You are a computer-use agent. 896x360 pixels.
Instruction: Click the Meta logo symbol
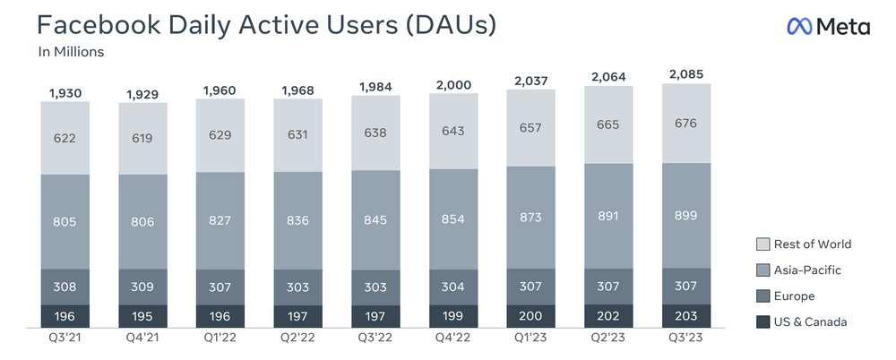tap(799, 27)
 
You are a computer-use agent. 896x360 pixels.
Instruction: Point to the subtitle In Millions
tap(71, 52)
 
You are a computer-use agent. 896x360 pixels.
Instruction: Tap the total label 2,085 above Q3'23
tap(686, 73)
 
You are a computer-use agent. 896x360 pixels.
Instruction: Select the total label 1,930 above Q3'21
tap(65, 92)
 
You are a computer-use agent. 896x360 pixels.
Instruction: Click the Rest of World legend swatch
tap(763, 244)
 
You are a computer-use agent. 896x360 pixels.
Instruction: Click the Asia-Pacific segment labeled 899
tap(686, 216)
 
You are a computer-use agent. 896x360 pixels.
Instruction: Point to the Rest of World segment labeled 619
tap(142, 138)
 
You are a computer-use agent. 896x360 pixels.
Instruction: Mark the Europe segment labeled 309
tap(142, 287)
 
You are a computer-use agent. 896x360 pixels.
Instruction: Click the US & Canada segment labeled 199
tap(453, 316)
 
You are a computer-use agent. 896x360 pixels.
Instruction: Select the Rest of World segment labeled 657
tap(531, 128)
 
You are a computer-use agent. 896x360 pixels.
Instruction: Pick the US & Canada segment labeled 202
tap(608, 316)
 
